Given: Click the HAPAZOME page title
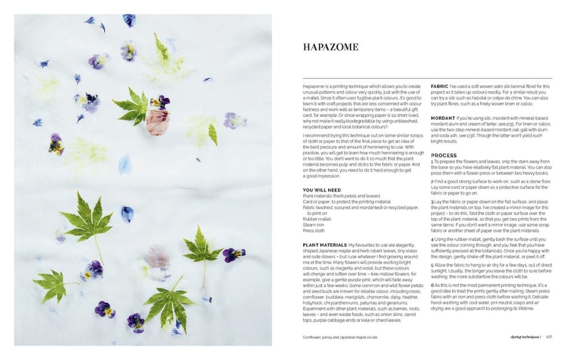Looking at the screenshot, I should click(x=331, y=47).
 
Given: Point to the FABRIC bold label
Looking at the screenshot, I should click(x=440, y=86).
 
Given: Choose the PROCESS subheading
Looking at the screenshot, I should click(x=444, y=155).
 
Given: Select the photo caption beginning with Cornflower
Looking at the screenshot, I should click(x=340, y=337).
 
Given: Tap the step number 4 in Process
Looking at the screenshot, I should click(x=432, y=239).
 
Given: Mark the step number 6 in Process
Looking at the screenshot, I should click(x=432, y=284).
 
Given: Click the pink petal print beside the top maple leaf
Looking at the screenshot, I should click(x=158, y=122).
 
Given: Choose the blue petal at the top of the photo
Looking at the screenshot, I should click(x=129, y=21).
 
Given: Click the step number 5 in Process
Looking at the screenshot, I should click(x=432, y=266).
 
